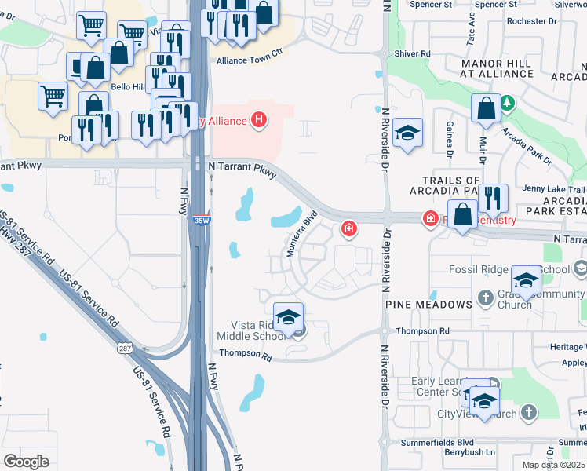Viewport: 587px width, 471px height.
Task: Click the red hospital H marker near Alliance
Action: point(259,120)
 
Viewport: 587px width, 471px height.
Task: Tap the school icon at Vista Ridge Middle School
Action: point(288,318)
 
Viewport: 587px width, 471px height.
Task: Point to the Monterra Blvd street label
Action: point(302,233)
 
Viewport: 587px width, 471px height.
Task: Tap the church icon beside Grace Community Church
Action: point(486,298)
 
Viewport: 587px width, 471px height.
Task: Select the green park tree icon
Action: point(507,102)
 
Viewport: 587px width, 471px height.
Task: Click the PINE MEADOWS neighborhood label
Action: point(428,303)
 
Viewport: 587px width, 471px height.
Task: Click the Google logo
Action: point(27,461)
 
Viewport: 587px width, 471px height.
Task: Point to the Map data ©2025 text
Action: point(553,465)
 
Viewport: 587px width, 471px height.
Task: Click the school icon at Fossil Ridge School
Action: point(526,280)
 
